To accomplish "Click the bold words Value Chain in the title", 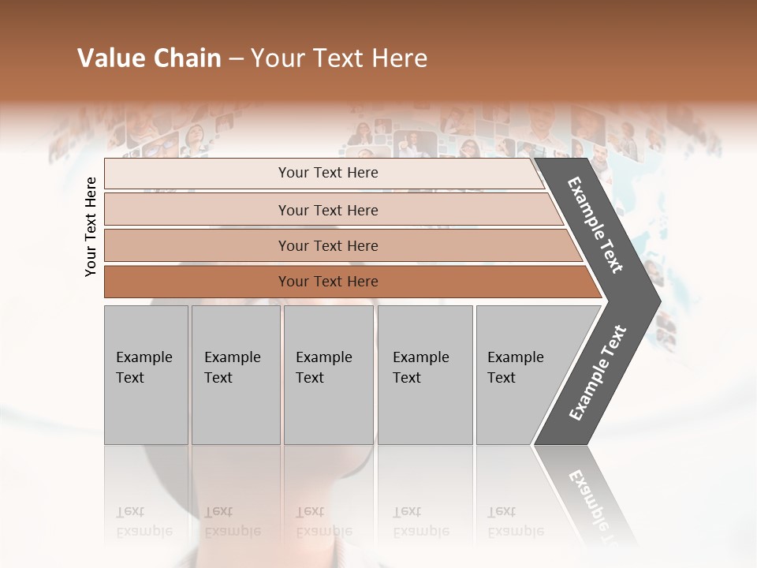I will (x=149, y=58).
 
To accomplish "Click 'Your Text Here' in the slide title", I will (x=339, y=58).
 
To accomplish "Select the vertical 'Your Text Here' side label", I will (x=91, y=226).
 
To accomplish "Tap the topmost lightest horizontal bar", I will (x=327, y=173).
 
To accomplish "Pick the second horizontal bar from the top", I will (x=327, y=210).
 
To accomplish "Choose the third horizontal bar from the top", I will (x=327, y=245).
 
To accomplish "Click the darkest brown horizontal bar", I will (x=327, y=282).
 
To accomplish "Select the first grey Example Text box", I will (x=146, y=375).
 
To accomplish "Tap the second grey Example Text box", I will (x=235, y=375).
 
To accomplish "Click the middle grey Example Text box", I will (x=328, y=375).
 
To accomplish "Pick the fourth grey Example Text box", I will (x=424, y=375).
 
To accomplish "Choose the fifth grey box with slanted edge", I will (x=520, y=375).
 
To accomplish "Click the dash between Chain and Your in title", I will (x=236, y=59).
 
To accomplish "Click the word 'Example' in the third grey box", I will (x=323, y=357).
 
